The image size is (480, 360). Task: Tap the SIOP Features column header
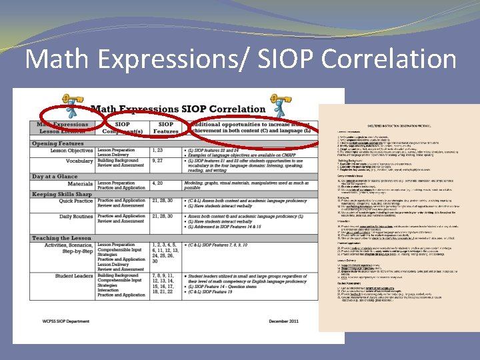click(x=166, y=127)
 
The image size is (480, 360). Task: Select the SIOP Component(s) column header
click(x=123, y=127)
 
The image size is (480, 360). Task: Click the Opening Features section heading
click(x=58, y=143)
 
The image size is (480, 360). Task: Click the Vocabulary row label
click(x=79, y=161)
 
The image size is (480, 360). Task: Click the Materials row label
click(x=81, y=183)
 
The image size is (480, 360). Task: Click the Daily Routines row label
click(x=75, y=216)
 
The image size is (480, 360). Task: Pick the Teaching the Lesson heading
click(x=61, y=238)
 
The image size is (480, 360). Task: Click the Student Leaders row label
click(x=74, y=275)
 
